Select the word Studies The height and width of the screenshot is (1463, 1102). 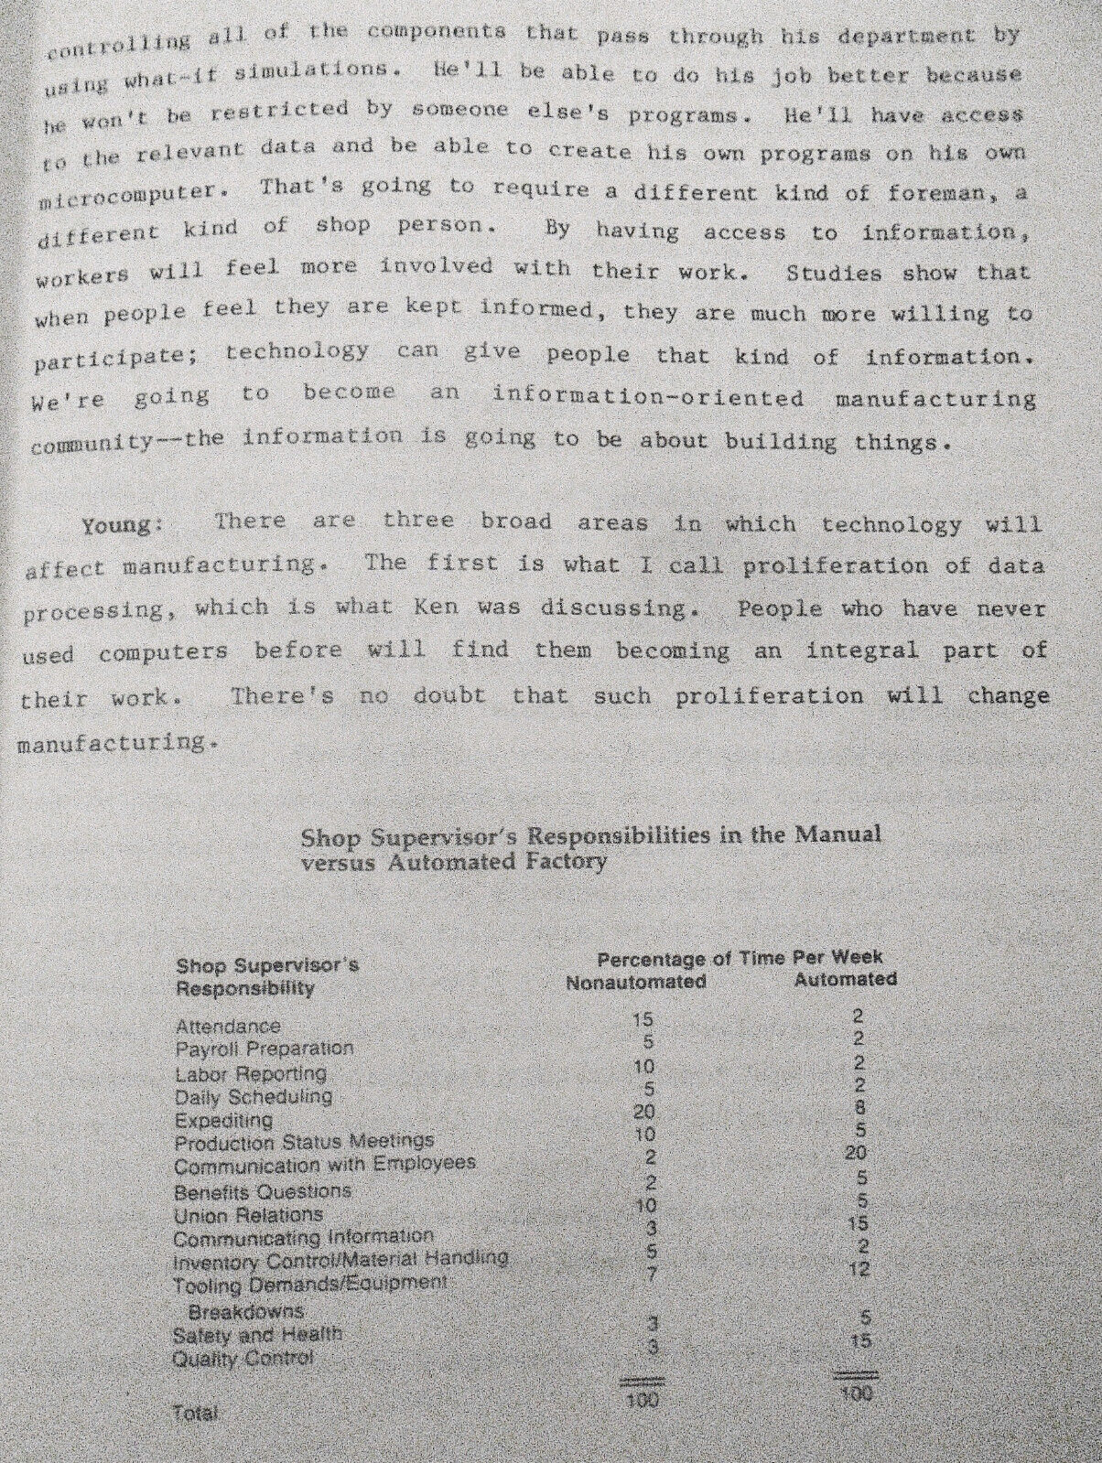[x=834, y=273]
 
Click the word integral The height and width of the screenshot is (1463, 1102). [x=862, y=651]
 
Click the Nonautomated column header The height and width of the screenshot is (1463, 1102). [x=636, y=982]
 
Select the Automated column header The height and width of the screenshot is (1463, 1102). [x=845, y=979]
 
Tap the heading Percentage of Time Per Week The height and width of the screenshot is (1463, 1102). [x=740, y=958]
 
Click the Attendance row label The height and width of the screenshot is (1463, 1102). [x=228, y=1027]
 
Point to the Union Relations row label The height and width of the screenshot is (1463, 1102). [x=248, y=1215]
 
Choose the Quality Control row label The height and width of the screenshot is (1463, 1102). [x=243, y=1358]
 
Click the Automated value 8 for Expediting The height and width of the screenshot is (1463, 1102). [x=859, y=1106]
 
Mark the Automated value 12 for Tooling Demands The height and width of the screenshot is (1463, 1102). [x=859, y=1269]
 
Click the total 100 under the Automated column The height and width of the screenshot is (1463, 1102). [x=856, y=1393]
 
